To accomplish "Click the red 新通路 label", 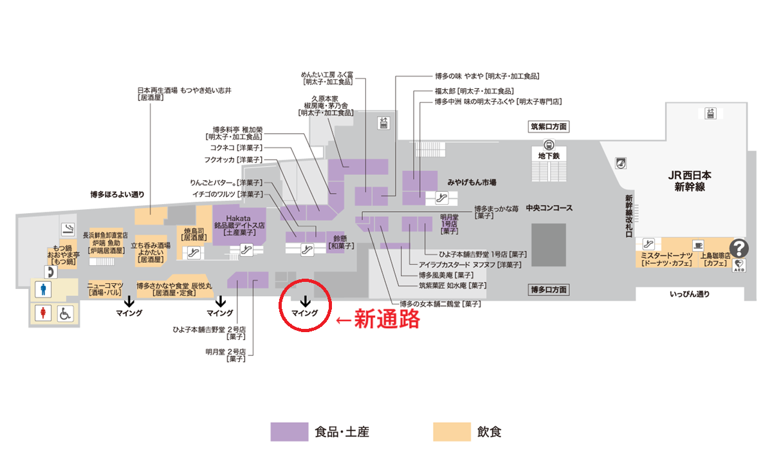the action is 387,319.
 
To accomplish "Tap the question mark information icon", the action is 739,248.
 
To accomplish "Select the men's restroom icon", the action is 43,289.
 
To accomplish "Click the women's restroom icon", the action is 43,313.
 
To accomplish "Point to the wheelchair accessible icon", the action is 65,313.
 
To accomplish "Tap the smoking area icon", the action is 68,229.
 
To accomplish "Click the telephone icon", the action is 51,272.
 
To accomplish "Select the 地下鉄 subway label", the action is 549,156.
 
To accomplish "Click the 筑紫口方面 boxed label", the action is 549,127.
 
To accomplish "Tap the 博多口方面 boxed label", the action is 549,290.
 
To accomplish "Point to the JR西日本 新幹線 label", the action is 689,181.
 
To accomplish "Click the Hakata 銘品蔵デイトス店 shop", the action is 239,225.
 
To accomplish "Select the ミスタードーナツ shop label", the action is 666,259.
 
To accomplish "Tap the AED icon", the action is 739,265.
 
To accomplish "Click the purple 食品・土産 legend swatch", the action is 289,432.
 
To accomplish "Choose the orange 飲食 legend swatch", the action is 452,432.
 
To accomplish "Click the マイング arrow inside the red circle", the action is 306,301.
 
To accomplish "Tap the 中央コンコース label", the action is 549,208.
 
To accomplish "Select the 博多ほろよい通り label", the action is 117,194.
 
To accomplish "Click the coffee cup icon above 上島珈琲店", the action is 698,245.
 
